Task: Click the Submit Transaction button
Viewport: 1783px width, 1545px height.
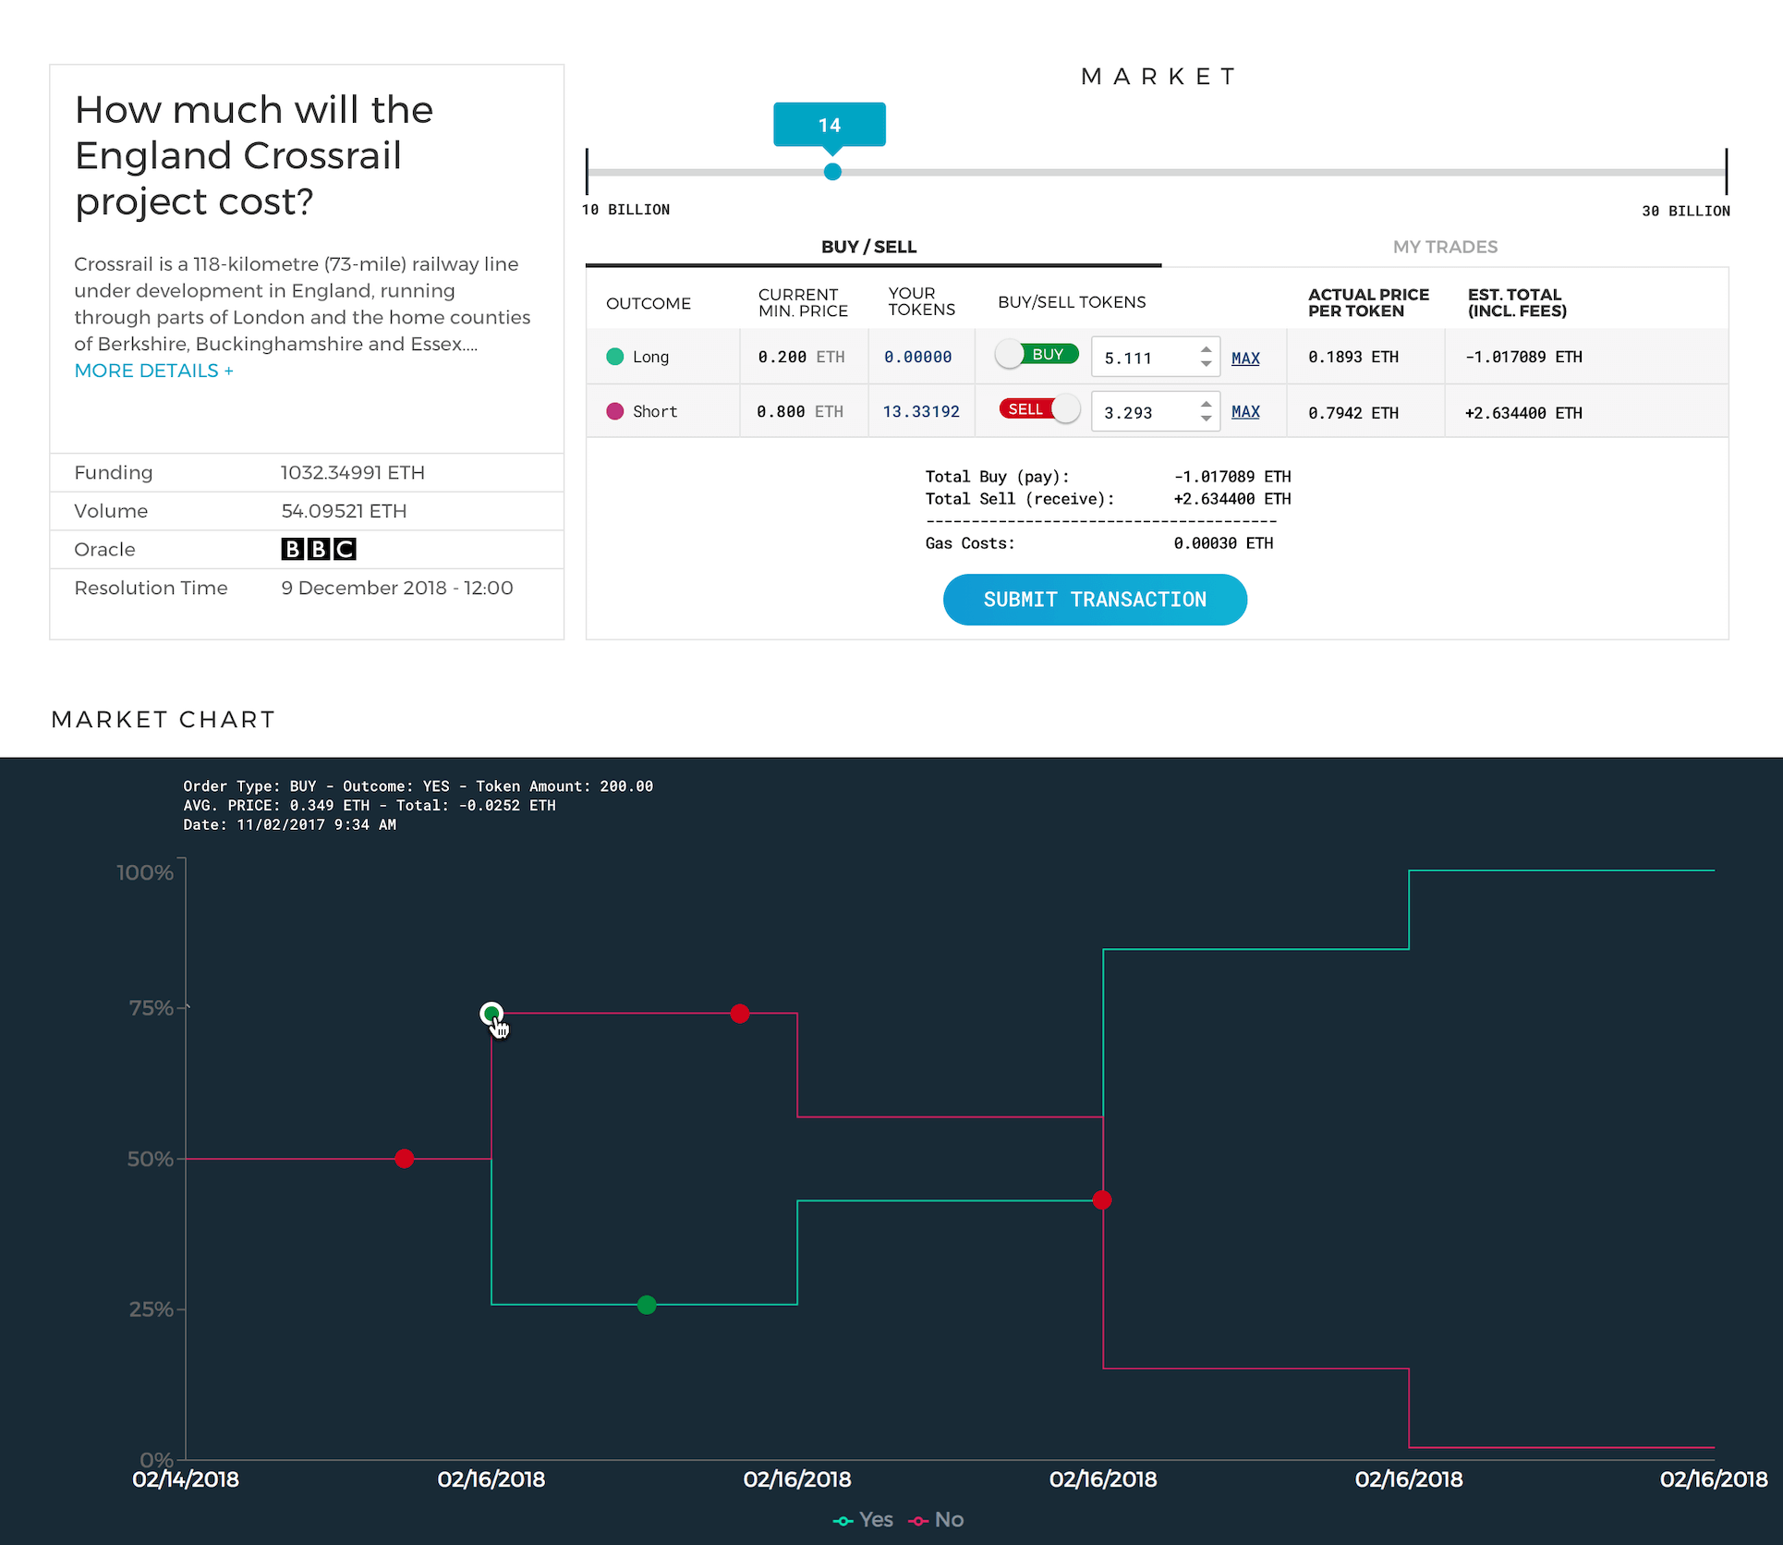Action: (x=1095, y=600)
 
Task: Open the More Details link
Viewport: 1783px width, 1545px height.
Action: (x=153, y=371)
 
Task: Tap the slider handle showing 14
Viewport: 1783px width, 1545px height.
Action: (x=832, y=172)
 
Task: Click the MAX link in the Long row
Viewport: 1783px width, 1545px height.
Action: (x=1245, y=358)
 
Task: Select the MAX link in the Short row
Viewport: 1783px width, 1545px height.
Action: (x=1245, y=412)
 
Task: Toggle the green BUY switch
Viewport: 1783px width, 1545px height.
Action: (x=1037, y=355)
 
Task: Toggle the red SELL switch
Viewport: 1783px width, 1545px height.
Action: (x=1039, y=409)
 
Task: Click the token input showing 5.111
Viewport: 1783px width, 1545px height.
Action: (x=1146, y=358)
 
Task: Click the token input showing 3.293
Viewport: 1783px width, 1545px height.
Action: (x=1146, y=412)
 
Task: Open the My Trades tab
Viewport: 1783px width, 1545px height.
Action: (x=1445, y=247)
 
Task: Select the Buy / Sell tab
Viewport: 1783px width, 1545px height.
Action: (x=868, y=247)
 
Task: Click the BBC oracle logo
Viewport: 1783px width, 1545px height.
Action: (x=319, y=550)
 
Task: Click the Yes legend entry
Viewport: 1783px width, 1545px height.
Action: (x=864, y=1520)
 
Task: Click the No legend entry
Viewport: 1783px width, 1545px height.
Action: (x=938, y=1520)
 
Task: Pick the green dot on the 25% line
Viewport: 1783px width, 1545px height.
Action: (x=647, y=1305)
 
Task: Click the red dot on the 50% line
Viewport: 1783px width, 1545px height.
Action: (x=404, y=1159)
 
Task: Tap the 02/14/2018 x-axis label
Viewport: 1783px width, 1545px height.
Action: (x=186, y=1479)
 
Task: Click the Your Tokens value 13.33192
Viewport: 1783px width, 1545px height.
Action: (x=921, y=412)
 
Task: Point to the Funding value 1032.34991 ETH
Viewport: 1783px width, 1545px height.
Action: (x=352, y=473)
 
